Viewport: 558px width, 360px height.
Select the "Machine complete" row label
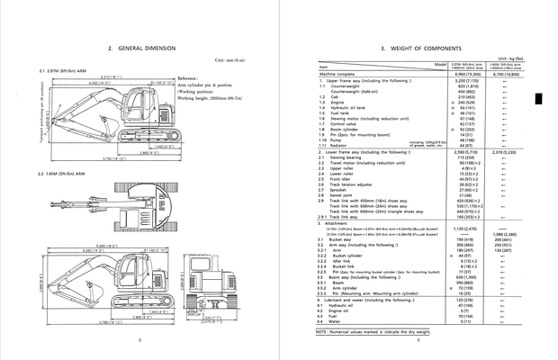(339, 75)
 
